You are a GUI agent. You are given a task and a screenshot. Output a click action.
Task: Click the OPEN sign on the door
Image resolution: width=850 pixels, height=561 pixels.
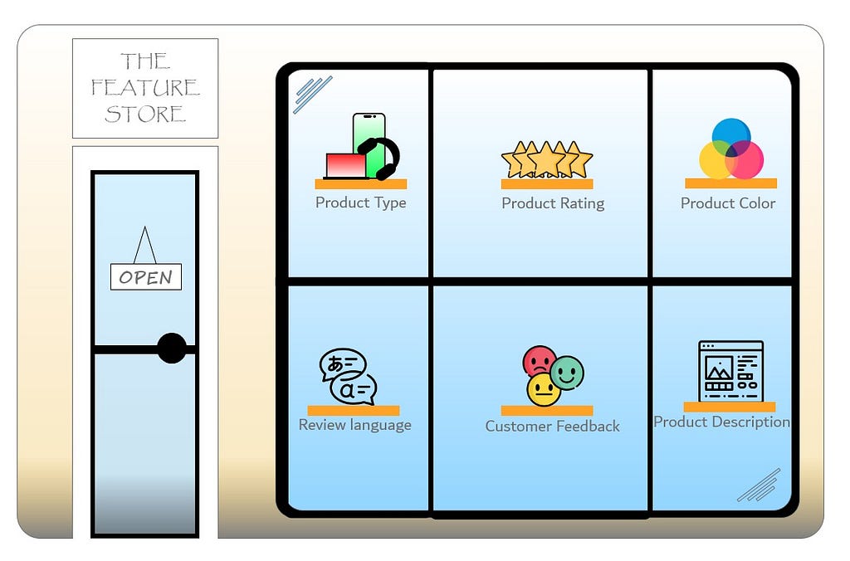click(x=146, y=277)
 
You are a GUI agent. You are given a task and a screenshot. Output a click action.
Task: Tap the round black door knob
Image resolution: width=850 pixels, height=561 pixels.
click(x=172, y=348)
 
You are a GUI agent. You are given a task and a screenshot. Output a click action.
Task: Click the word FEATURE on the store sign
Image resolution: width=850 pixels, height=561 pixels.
click(x=145, y=87)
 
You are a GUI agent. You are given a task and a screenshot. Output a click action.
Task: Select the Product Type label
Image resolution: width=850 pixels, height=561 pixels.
click(x=361, y=202)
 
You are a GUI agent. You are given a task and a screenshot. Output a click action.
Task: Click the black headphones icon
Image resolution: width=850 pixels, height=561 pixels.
click(x=381, y=157)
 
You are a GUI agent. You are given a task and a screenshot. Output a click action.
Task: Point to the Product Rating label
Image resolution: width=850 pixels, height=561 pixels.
click(x=553, y=203)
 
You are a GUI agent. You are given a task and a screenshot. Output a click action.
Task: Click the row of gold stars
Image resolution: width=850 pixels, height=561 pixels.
click(x=547, y=159)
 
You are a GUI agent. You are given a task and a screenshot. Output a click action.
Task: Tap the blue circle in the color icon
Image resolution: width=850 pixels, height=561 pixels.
click(x=731, y=134)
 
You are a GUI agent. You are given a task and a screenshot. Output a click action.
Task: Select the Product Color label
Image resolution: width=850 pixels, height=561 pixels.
click(x=728, y=203)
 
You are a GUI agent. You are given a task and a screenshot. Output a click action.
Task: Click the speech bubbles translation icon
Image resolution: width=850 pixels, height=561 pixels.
click(x=348, y=376)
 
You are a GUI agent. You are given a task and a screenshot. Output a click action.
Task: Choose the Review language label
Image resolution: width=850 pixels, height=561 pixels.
click(x=354, y=425)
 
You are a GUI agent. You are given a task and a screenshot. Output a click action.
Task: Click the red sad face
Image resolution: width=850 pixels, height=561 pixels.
click(x=539, y=361)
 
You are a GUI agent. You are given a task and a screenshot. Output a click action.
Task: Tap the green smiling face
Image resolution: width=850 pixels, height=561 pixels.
click(x=567, y=373)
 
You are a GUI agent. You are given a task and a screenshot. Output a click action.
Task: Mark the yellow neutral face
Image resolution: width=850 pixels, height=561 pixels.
click(x=544, y=389)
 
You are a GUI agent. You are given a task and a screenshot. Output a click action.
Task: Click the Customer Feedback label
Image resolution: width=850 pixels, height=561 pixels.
click(x=552, y=427)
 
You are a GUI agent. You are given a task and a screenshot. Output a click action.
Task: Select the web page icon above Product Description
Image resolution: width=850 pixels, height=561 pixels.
click(x=730, y=371)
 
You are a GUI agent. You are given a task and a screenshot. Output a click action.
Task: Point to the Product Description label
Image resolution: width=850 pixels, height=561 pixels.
click(x=721, y=422)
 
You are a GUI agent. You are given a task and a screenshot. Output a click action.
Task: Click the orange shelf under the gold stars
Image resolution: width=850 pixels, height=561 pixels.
click(x=547, y=184)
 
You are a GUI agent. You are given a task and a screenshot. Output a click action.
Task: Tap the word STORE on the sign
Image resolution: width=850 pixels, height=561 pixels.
click(x=145, y=114)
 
